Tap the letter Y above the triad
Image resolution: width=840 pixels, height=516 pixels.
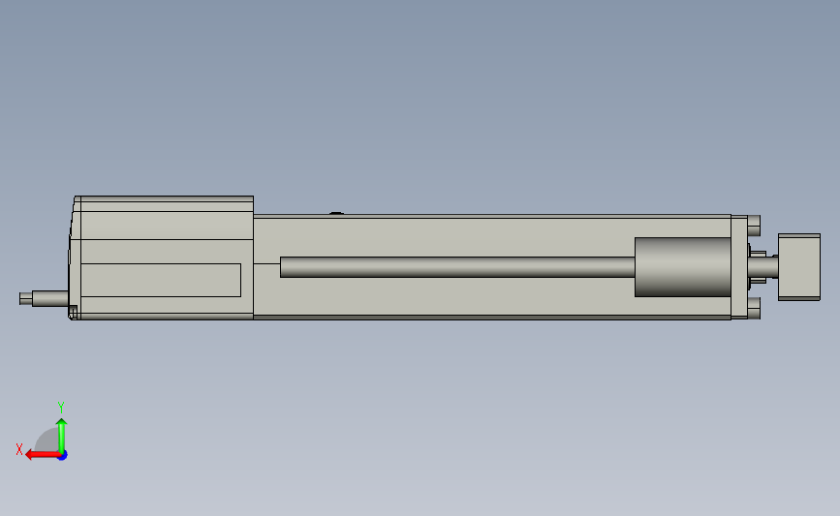pyautogui.click(x=61, y=408)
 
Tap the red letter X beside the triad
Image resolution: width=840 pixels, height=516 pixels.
pyautogui.click(x=19, y=449)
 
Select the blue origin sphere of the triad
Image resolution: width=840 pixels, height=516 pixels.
pyautogui.click(x=62, y=455)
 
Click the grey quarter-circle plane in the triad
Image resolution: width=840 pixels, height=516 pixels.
pyautogui.click(x=48, y=442)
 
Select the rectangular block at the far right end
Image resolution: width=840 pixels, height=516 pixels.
pyautogui.click(x=799, y=266)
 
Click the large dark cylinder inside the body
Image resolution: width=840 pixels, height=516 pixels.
pyautogui.click(x=682, y=267)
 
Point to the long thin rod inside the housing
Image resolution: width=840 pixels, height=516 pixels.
pyautogui.click(x=455, y=267)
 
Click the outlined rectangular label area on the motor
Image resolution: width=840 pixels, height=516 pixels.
pyautogui.click(x=161, y=280)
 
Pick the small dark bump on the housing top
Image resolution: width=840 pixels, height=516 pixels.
pyautogui.click(x=337, y=213)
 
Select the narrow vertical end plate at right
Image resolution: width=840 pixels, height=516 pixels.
pyautogui.click(x=738, y=266)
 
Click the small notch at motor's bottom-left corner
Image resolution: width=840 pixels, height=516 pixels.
pyautogui.click(x=73, y=312)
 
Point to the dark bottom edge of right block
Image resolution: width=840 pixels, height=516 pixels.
pyautogui.click(x=799, y=299)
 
